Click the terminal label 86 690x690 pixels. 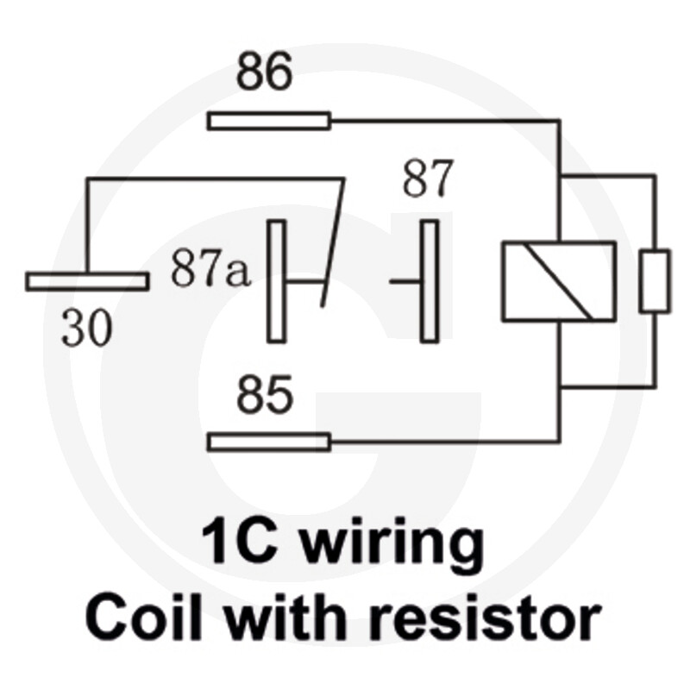tap(264, 71)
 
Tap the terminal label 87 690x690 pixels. tap(428, 179)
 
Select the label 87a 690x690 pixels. tap(210, 268)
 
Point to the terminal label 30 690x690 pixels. tap(87, 328)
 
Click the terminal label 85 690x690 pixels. tap(265, 394)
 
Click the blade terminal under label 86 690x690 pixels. tap(269, 121)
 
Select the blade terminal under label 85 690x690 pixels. tap(269, 442)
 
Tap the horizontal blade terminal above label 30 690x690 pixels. tap(87, 282)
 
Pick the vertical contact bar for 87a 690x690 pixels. tap(276, 281)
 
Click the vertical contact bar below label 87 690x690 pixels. tap(430, 281)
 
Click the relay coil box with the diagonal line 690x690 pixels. tap(559, 282)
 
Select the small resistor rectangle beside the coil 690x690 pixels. tap(655, 281)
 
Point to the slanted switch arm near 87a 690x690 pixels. tap(333, 242)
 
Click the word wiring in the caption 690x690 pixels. tap(393, 543)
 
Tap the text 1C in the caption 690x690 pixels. tap(240, 541)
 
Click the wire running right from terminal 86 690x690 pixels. tap(445, 120)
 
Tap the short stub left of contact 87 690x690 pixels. tap(405, 281)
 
